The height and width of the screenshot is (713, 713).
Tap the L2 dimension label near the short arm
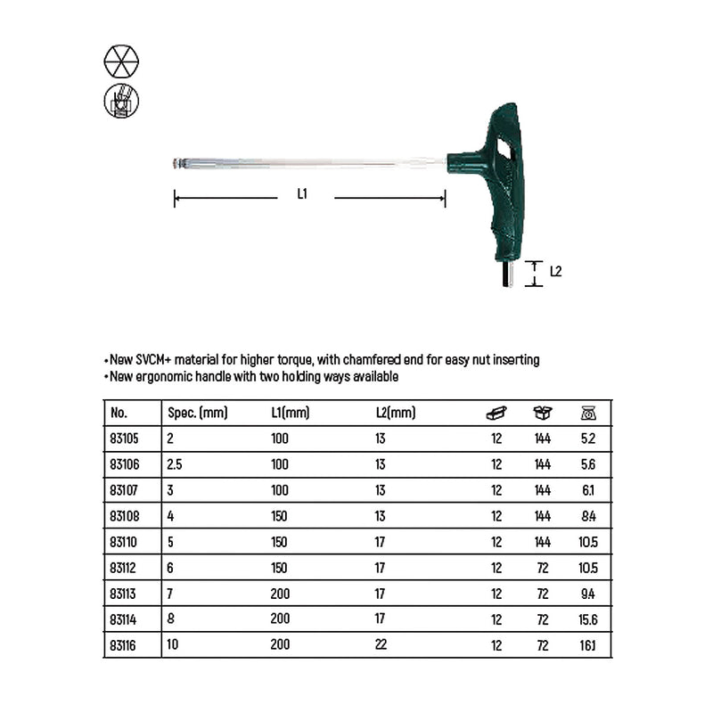coord(555,271)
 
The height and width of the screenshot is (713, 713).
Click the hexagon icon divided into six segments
coord(122,60)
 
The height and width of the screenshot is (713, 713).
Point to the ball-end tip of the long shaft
coord(176,163)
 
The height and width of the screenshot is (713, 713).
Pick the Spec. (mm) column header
coord(199,414)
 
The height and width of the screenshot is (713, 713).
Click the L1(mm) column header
coord(290,414)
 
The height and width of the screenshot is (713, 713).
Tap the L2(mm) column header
coord(396,414)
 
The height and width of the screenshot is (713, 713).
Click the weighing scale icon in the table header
coord(588,413)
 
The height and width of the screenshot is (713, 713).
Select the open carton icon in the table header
coord(542,413)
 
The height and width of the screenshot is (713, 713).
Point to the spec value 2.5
coord(176,464)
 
